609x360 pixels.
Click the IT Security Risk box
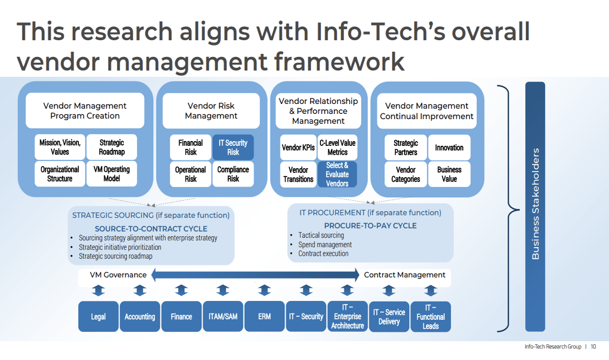coord(233,147)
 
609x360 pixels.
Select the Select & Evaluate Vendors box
coord(337,175)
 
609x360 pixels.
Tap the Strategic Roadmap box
coord(112,147)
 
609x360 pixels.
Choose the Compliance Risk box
coord(233,174)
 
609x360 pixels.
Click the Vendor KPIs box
coord(298,147)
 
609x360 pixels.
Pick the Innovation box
coord(449,147)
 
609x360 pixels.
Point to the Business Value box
coord(449,174)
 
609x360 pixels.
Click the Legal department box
coord(98,317)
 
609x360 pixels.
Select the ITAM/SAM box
coord(223,317)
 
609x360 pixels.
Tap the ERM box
coord(265,317)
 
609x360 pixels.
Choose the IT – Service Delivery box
coord(389,317)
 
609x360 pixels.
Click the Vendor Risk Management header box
coord(211,111)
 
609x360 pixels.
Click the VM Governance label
coord(118,275)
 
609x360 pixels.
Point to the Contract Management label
coord(405,275)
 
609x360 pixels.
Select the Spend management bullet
coord(325,245)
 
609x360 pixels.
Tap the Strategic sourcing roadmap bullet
coord(116,256)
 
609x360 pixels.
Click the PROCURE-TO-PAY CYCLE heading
coord(370,226)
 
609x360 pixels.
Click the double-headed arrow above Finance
coord(181,291)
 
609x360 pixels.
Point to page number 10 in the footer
coord(593,346)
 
